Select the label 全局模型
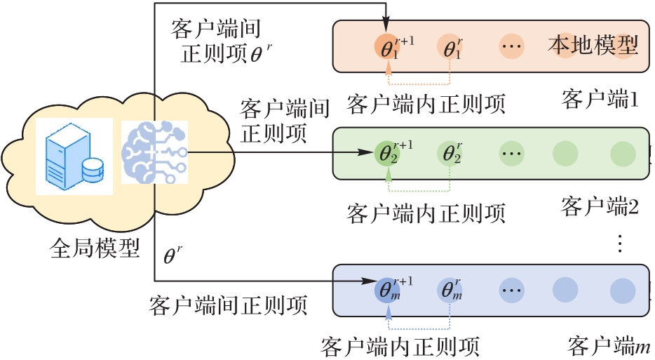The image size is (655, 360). (96, 248)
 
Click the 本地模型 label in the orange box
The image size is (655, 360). (593, 46)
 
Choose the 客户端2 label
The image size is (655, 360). (600, 206)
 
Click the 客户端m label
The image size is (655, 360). (609, 345)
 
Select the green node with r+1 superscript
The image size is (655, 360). (388, 152)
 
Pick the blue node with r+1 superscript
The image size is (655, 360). (388, 289)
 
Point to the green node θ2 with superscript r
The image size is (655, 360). (450, 152)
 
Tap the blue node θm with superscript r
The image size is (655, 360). (450, 289)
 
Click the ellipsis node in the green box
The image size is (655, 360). (512, 152)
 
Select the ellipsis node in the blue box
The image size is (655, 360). (512, 289)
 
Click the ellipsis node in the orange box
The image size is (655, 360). (512, 47)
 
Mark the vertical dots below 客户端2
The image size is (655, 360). (619, 244)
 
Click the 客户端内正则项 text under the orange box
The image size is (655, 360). (426, 104)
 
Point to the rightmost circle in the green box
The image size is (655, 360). (622, 152)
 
